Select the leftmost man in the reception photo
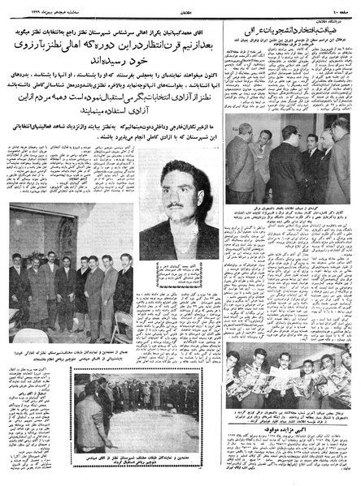coord(237,154)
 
